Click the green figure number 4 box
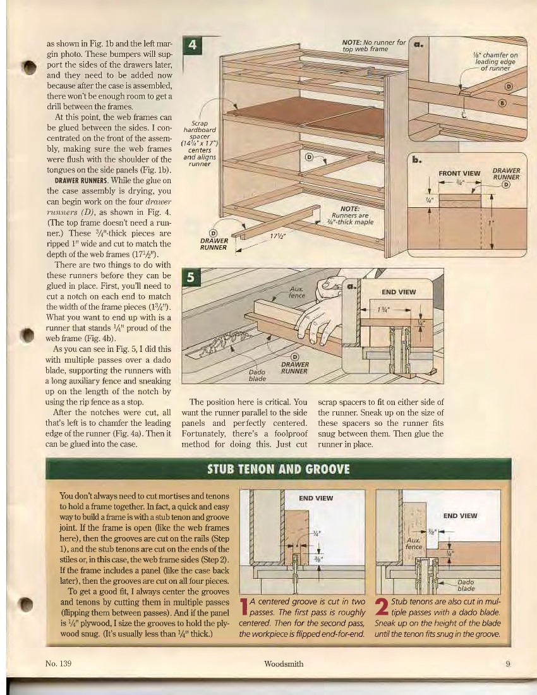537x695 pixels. click(x=191, y=47)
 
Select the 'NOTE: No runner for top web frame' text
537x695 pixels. click(x=373, y=45)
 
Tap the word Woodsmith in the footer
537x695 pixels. click(x=284, y=663)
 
